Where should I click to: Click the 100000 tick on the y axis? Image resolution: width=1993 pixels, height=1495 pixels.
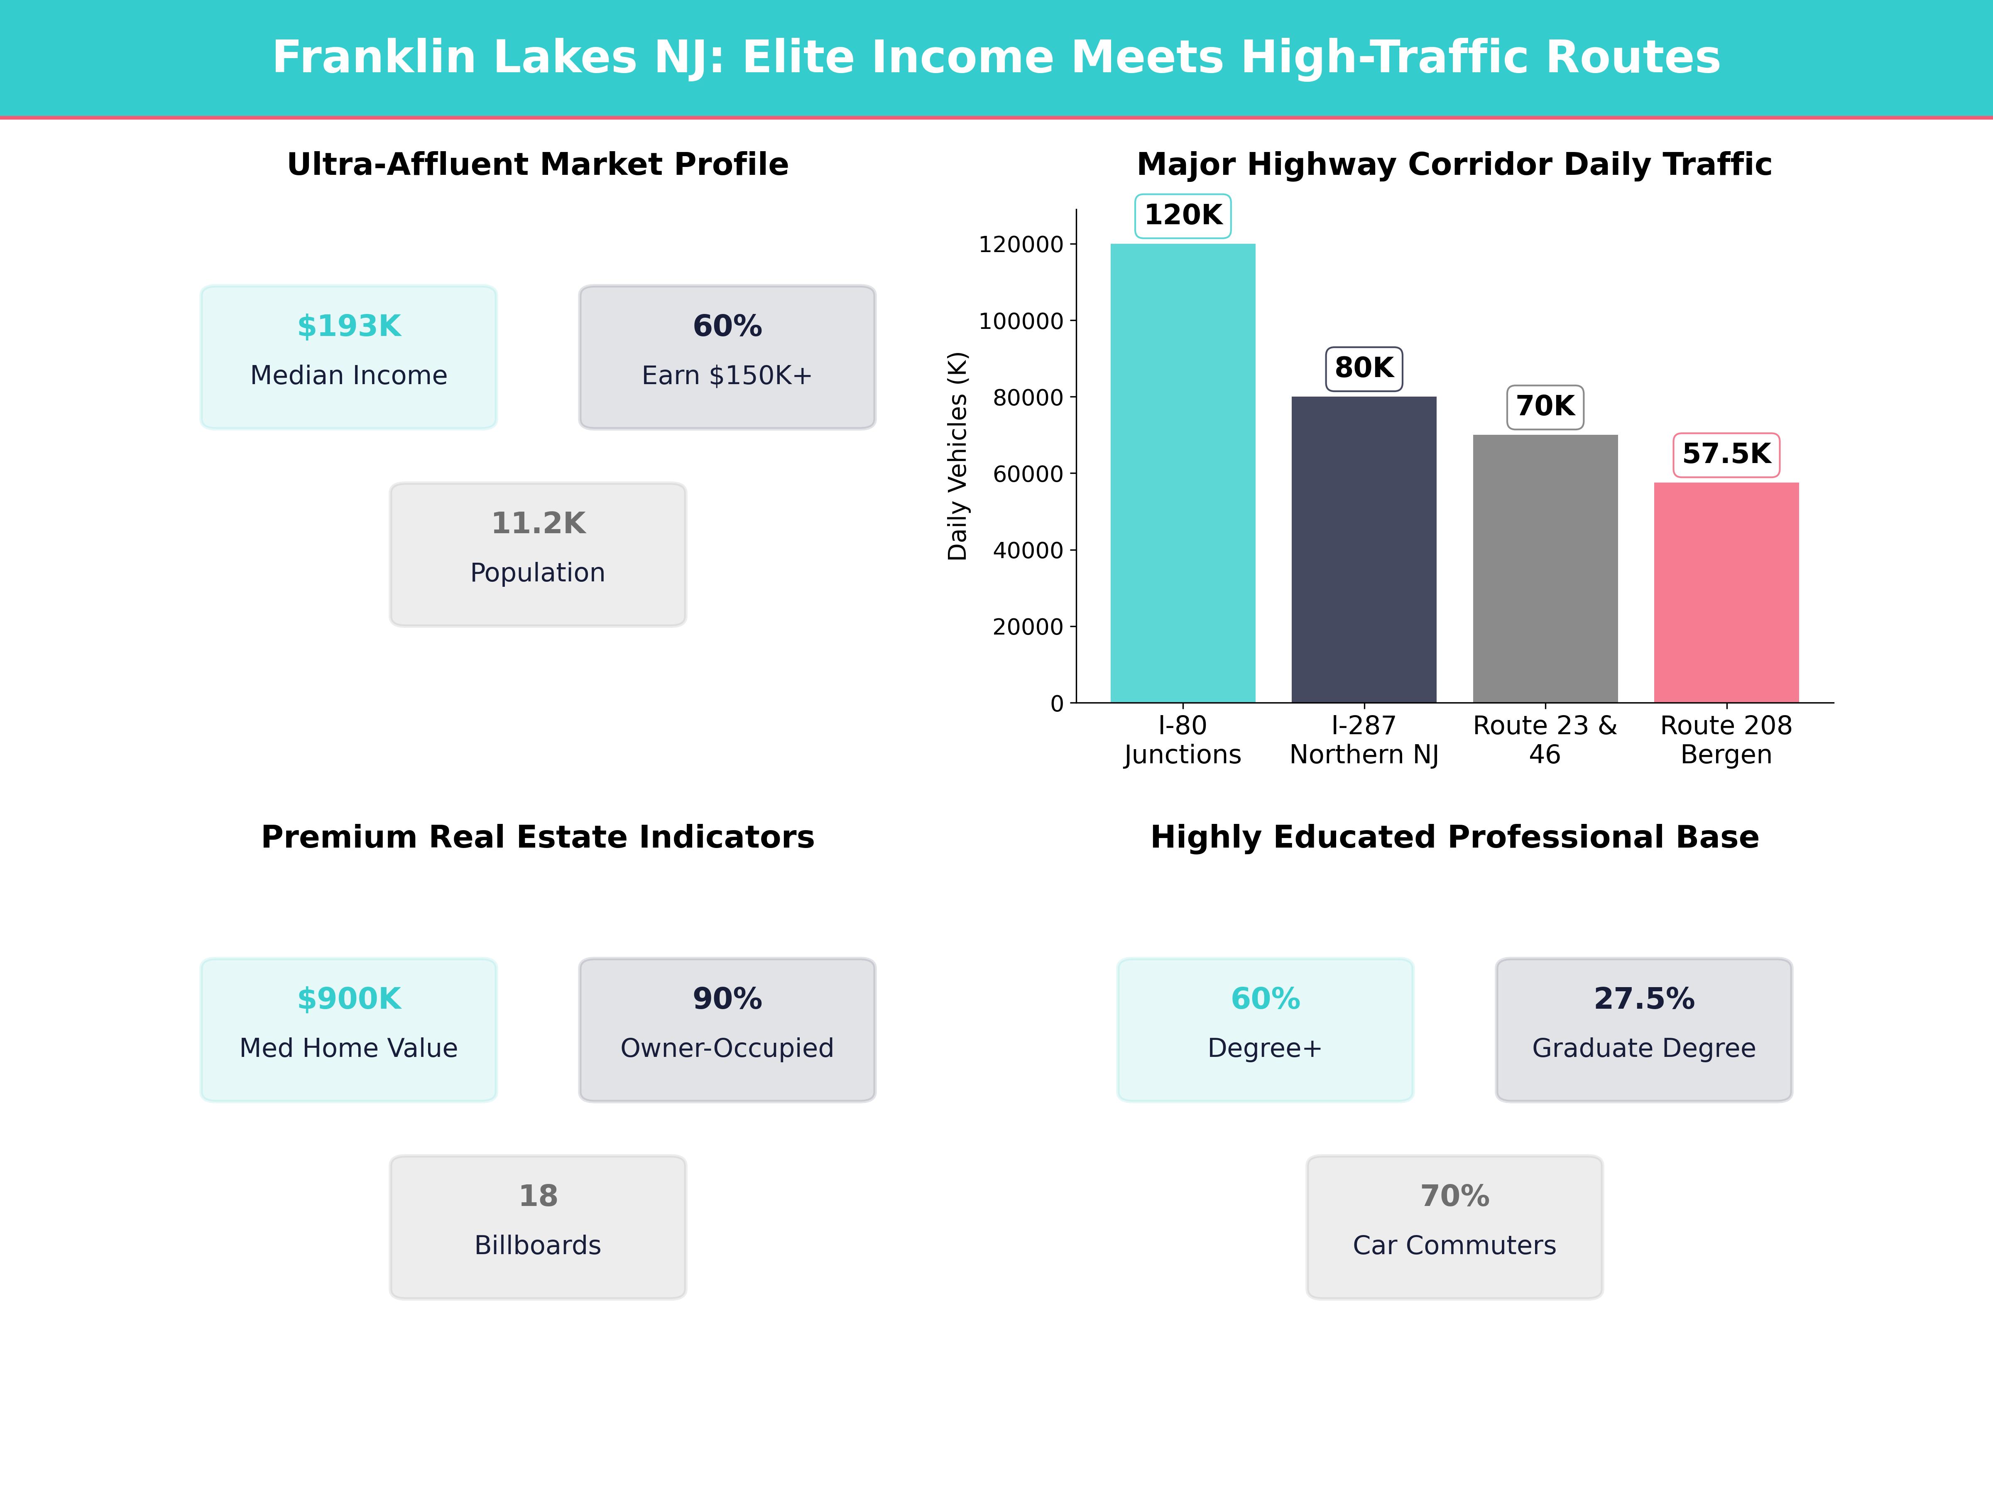click(x=1021, y=321)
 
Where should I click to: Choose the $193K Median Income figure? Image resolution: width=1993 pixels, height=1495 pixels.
click(x=349, y=326)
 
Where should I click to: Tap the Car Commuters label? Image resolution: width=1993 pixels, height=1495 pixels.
click(x=1454, y=1245)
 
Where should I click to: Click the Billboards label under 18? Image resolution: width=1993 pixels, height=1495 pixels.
click(x=538, y=1245)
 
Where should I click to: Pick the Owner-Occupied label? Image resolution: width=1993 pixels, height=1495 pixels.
click(x=727, y=1048)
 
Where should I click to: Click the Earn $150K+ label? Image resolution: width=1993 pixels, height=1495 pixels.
click(x=727, y=375)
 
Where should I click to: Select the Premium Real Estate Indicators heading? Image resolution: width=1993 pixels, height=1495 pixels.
click(x=538, y=837)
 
